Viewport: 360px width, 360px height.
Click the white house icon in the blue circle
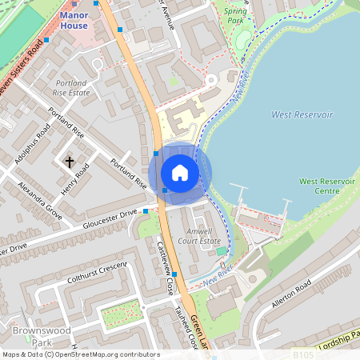click(x=179, y=173)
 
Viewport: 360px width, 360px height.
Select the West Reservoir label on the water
click(x=302, y=115)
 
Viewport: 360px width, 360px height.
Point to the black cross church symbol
click(x=69, y=162)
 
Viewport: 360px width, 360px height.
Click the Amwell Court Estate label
click(x=199, y=235)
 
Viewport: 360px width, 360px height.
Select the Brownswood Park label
click(x=31, y=334)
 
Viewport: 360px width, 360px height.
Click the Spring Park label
click(x=235, y=17)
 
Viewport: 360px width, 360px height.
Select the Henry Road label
click(x=73, y=181)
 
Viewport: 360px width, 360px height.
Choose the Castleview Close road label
click(x=166, y=267)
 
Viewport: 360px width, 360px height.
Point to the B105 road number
click(x=303, y=354)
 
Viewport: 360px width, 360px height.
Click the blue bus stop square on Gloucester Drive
click(x=146, y=211)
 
